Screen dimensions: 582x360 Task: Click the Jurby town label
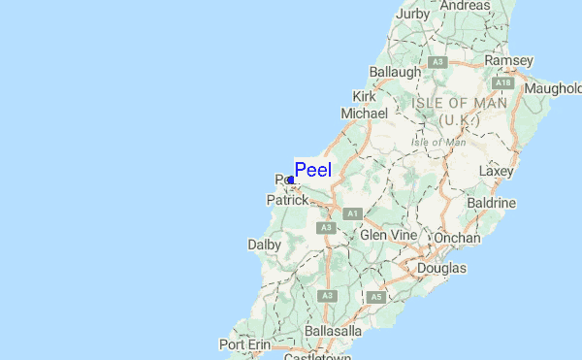[x=412, y=14]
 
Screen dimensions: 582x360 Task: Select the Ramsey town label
[x=508, y=60]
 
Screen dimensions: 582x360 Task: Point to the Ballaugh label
[x=395, y=72]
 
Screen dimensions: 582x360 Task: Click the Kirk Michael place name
[x=365, y=105]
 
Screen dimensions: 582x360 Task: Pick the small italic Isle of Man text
[x=438, y=142]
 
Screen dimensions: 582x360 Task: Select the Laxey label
[x=496, y=171]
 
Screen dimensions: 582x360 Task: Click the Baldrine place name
[x=492, y=203]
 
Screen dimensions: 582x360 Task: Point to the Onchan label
[x=458, y=238]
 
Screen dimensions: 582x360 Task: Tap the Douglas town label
[x=441, y=268]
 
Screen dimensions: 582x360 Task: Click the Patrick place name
[x=287, y=200]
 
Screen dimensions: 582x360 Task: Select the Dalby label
[x=264, y=246]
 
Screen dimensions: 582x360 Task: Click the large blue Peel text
[x=312, y=170]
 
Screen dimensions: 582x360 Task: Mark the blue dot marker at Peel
[x=291, y=180]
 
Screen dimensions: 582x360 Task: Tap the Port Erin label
[x=244, y=344]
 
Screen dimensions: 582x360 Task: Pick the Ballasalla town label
[x=333, y=332]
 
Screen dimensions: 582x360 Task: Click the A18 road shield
[x=508, y=83]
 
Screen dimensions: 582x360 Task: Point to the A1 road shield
[x=351, y=213]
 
